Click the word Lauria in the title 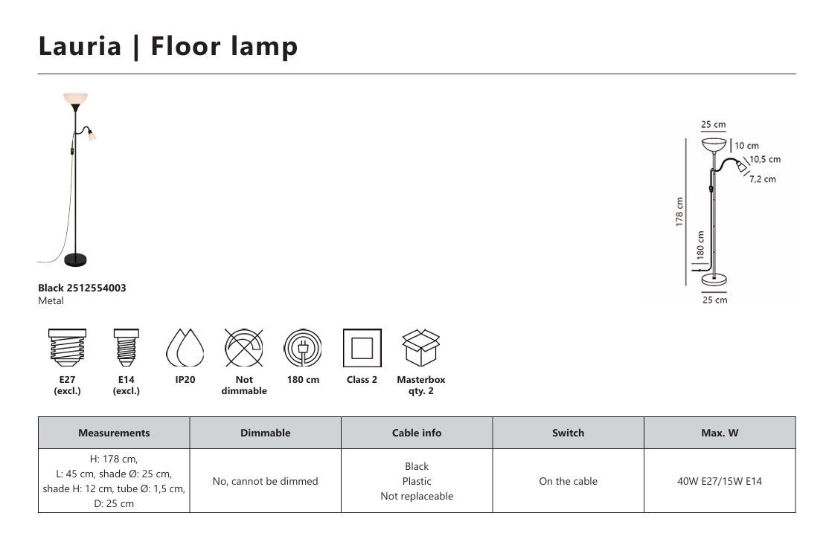[80, 46]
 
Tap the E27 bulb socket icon [67, 348]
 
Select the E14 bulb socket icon [127, 348]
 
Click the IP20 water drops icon [185, 348]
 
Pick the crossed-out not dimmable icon [244, 348]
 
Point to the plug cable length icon [303, 348]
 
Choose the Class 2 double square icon [362, 348]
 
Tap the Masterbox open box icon [421, 348]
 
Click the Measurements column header [114, 433]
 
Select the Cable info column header [417, 433]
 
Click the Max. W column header [720, 433]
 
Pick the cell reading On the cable [569, 481]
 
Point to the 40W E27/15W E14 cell [720, 481]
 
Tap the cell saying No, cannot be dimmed [266, 481]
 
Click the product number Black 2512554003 [82, 288]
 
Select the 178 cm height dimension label [679, 212]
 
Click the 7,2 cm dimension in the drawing [762, 179]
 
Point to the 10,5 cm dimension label [764, 159]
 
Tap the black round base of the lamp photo [75, 259]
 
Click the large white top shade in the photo [76, 100]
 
